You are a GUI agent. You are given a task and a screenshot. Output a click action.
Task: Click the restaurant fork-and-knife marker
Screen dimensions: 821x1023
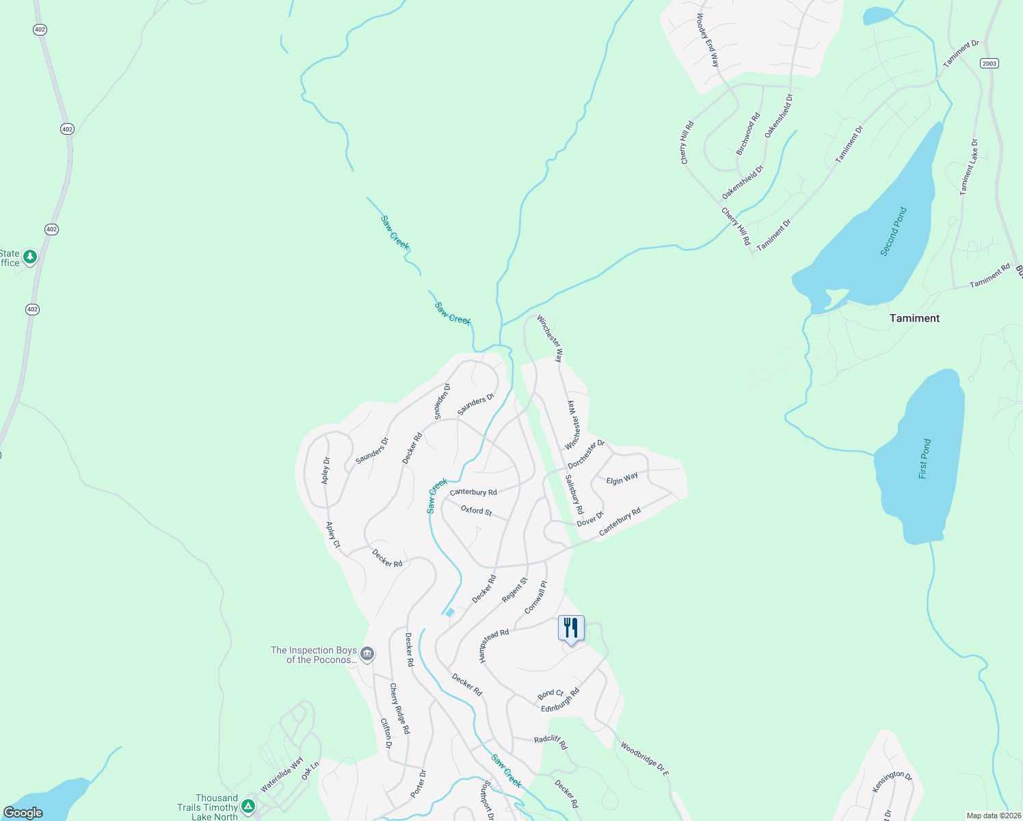click(x=570, y=628)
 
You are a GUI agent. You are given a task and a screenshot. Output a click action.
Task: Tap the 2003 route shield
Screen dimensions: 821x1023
click(x=989, y=63)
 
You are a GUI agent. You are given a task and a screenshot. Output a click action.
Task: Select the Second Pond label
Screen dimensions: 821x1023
click(x=893, y=231)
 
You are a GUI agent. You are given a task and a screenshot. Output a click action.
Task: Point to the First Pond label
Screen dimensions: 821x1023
click(x=925, y=458)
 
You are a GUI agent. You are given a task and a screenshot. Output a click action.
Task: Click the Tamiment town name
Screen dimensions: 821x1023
click(x=914, y=318)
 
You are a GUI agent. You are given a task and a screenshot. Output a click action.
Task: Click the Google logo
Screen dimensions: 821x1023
click(x=23, y=813)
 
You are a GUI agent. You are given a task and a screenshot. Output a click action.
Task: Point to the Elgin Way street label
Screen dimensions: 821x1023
click(x=622, y=479)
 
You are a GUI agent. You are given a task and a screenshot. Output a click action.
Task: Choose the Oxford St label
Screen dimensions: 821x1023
click(x=476, y=510)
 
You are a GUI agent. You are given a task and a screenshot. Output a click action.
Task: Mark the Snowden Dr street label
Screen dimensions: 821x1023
click(x=442, y=401)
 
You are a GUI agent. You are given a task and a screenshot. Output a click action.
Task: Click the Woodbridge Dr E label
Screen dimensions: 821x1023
click(x=644, y=759)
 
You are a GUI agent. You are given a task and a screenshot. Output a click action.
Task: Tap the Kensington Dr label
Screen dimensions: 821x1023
click(x=892, y=782)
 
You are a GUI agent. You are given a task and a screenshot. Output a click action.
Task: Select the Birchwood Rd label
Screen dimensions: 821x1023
click(x=747, y=134)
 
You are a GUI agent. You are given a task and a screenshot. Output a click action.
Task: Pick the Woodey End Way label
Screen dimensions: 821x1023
click(x=708, y=40)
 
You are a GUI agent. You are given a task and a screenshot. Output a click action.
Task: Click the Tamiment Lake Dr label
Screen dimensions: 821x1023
click(x=969, y=168)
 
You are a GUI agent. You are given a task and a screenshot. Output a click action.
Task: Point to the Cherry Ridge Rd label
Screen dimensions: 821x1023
click(x=399, y=708)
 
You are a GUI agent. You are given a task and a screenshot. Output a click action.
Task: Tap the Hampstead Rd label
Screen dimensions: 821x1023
click(x=494, y=645)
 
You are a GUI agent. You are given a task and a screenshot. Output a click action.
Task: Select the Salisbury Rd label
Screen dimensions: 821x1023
click(x=574, y=495)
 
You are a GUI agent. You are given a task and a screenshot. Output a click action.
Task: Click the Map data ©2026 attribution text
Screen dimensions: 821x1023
click(x=993, y=816)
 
